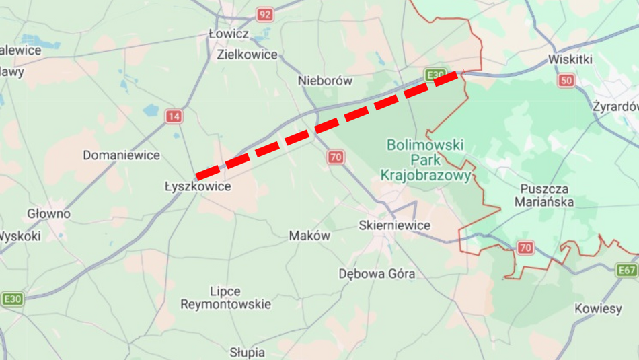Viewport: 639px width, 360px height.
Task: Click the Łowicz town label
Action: [229, 34]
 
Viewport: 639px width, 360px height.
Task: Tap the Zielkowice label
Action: [247, 55]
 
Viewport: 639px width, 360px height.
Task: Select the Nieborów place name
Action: [325, 81]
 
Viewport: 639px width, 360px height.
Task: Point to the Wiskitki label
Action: [570, 59]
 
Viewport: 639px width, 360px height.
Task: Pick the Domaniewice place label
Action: [122, 155]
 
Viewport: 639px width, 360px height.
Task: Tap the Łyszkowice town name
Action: [198, 186]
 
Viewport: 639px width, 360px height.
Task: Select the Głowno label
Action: [48, 214]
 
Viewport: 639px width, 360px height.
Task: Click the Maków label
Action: [309, 236]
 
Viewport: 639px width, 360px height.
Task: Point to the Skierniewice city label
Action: [394, 225]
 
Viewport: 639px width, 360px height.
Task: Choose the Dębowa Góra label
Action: [377, 274]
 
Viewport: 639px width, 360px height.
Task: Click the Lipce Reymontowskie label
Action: [225, 298]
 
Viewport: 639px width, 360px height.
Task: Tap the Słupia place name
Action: [247, 352]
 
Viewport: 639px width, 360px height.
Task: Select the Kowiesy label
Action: [598, 309]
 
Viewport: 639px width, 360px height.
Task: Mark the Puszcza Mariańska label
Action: [544, 195]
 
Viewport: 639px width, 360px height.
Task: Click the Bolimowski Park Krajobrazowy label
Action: [425, 160]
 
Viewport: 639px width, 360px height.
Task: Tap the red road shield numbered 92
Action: [264, 14]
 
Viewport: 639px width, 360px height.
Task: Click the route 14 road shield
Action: [174, 116]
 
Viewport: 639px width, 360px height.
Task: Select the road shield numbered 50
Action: [566, 81]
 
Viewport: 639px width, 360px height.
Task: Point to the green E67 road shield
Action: [627, 271]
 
